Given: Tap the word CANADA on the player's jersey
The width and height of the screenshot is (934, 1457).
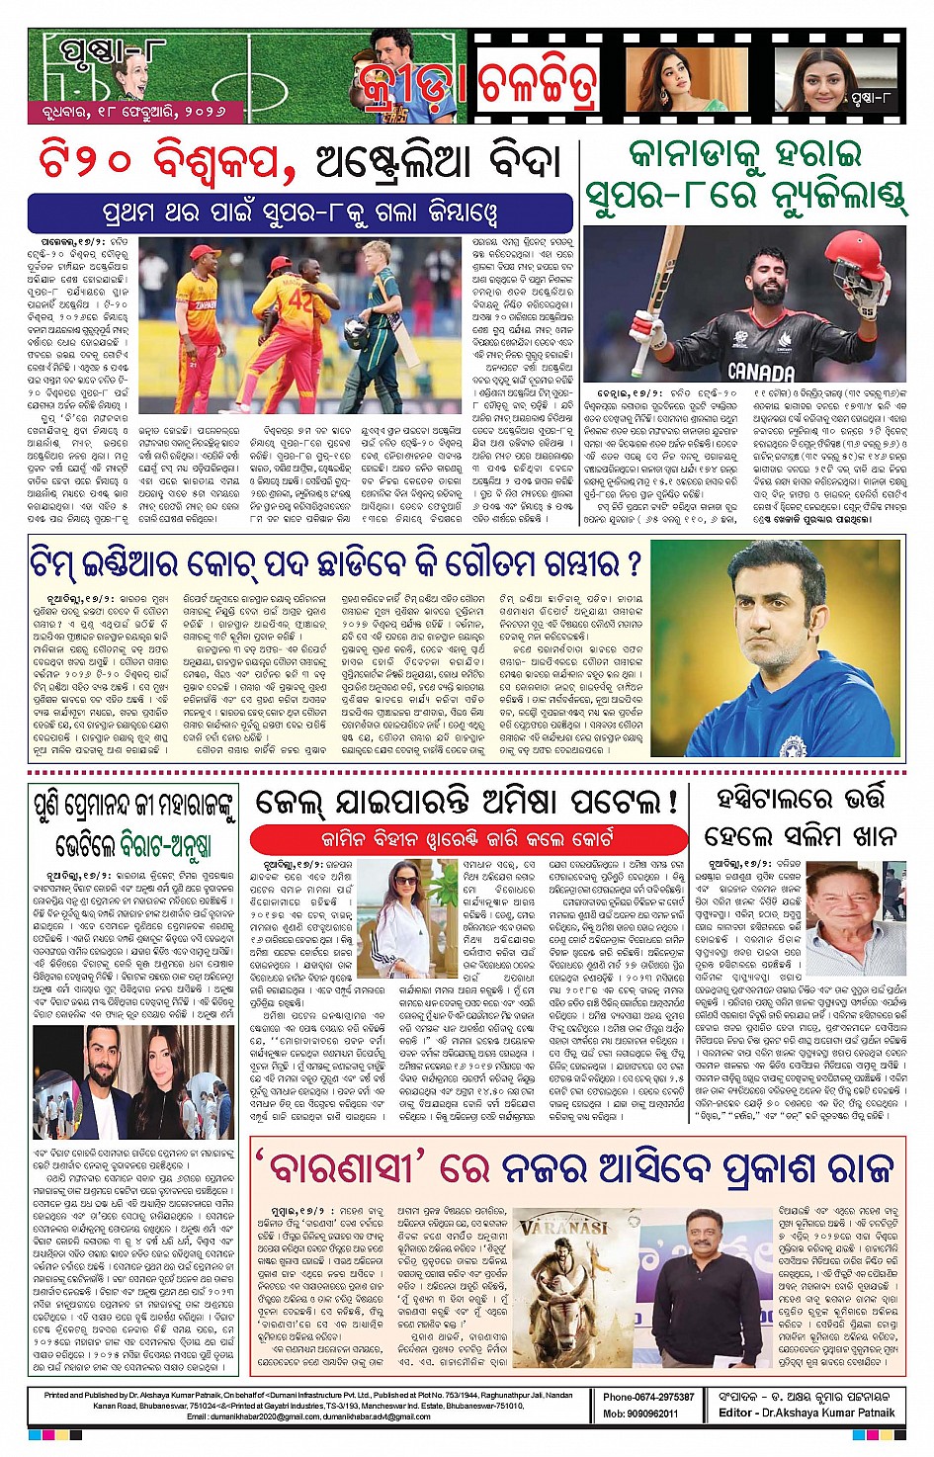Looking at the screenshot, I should pos(761,373).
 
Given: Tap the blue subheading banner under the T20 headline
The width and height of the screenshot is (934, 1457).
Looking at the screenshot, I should pos(299,213).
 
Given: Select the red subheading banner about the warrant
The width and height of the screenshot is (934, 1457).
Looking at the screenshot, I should pos(467,839).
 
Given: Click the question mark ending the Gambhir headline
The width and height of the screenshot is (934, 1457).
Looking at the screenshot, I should pos(634,563).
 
